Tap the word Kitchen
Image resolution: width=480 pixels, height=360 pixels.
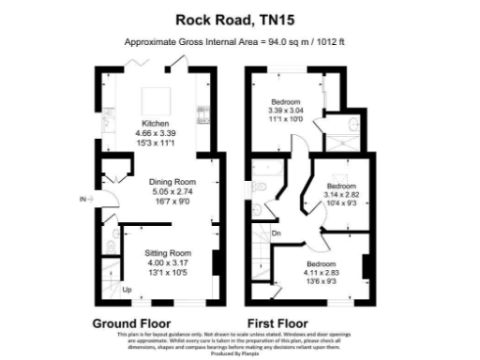tap(156, 123)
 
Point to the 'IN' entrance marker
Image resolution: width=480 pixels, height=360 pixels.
tap(83, 199)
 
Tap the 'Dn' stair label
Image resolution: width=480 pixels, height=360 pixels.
tap(277, 232)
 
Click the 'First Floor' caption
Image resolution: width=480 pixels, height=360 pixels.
tap(279, 323)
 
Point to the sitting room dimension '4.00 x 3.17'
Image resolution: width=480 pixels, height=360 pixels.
tap(168, 262)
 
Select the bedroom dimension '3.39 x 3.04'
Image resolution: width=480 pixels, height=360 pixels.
tap(286, 111)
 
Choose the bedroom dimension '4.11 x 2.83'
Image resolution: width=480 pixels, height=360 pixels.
tap(322, 273)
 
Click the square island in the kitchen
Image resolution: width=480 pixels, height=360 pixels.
tap(151, 97)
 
